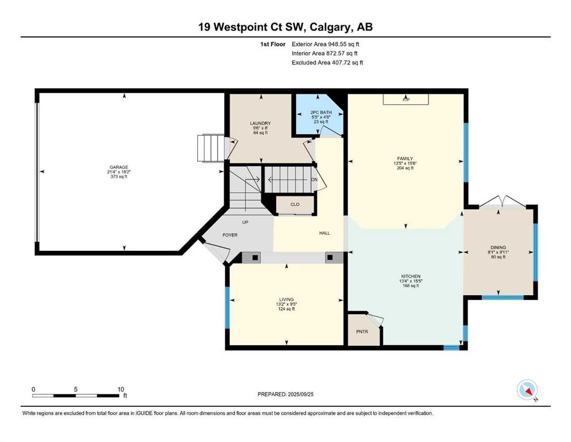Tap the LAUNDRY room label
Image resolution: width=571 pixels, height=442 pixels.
[x=260, y=124]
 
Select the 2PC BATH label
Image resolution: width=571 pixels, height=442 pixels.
[x=321, y=112]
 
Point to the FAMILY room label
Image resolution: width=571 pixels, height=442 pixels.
[x=405, y=158]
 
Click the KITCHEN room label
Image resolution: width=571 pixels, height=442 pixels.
[x=411, y=277]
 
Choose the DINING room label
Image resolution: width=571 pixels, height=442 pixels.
[x=498, y=247]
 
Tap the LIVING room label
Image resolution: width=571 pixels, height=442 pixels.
[x=286, y=299]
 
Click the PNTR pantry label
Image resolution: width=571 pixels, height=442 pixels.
[x=362, y=331]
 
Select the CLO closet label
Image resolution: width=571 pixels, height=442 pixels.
[x=295, y=204]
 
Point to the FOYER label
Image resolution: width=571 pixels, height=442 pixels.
[x=230, y=235]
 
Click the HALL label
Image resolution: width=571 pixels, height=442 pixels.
[x=324, y=233]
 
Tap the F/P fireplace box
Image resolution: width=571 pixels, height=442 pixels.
[x=405, y=100]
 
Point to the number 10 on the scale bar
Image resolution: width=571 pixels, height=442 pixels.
[x=121, y=390]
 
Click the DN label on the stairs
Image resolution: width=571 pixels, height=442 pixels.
[x=315, y=180]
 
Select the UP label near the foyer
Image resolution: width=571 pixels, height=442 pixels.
[x=245, y=222]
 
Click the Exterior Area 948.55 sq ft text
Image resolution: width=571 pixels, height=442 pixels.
[x=325, y=44]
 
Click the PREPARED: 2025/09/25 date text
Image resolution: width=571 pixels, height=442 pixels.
[x=285, y=394]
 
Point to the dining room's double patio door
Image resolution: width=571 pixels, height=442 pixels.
[x=502, y=202]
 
